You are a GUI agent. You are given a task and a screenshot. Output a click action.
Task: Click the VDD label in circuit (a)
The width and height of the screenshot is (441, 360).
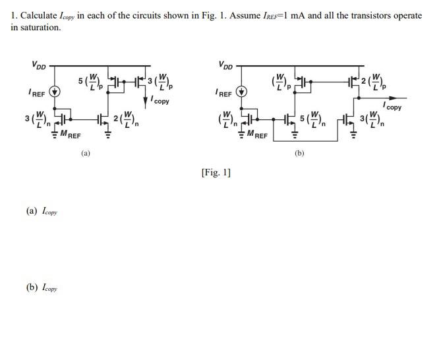coord(39,65)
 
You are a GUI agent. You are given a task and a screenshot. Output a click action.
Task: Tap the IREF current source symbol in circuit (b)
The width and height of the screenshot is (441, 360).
coord(242,93)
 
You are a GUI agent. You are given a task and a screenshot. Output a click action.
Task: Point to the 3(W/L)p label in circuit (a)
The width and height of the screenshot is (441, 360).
coord(160,82)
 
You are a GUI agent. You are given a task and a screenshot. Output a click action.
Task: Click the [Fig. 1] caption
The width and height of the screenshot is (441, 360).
coord(216,173)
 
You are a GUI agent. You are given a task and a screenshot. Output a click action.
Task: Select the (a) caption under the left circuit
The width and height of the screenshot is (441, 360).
coord(85,153)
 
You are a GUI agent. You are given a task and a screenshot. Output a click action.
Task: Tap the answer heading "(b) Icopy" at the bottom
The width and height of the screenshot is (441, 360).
coord(42,287)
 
